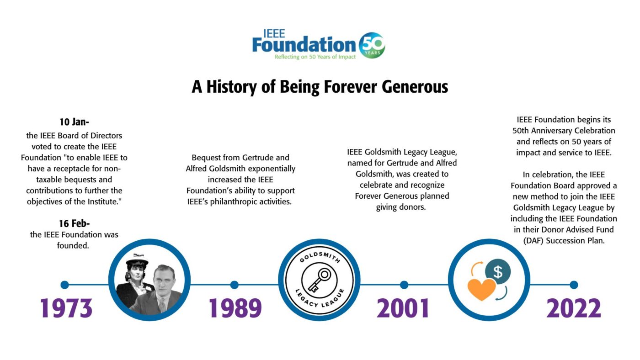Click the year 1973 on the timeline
66,308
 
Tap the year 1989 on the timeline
235,308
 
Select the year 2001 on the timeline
403,308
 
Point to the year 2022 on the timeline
574,308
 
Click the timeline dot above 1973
65,285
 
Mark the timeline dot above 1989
234,285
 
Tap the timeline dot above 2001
404,285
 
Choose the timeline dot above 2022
574,285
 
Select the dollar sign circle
498,271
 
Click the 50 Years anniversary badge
372,45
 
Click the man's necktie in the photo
162,304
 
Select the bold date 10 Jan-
74,122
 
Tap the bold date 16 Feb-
74,223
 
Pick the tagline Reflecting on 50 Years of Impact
315,57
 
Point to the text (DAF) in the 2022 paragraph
533,241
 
